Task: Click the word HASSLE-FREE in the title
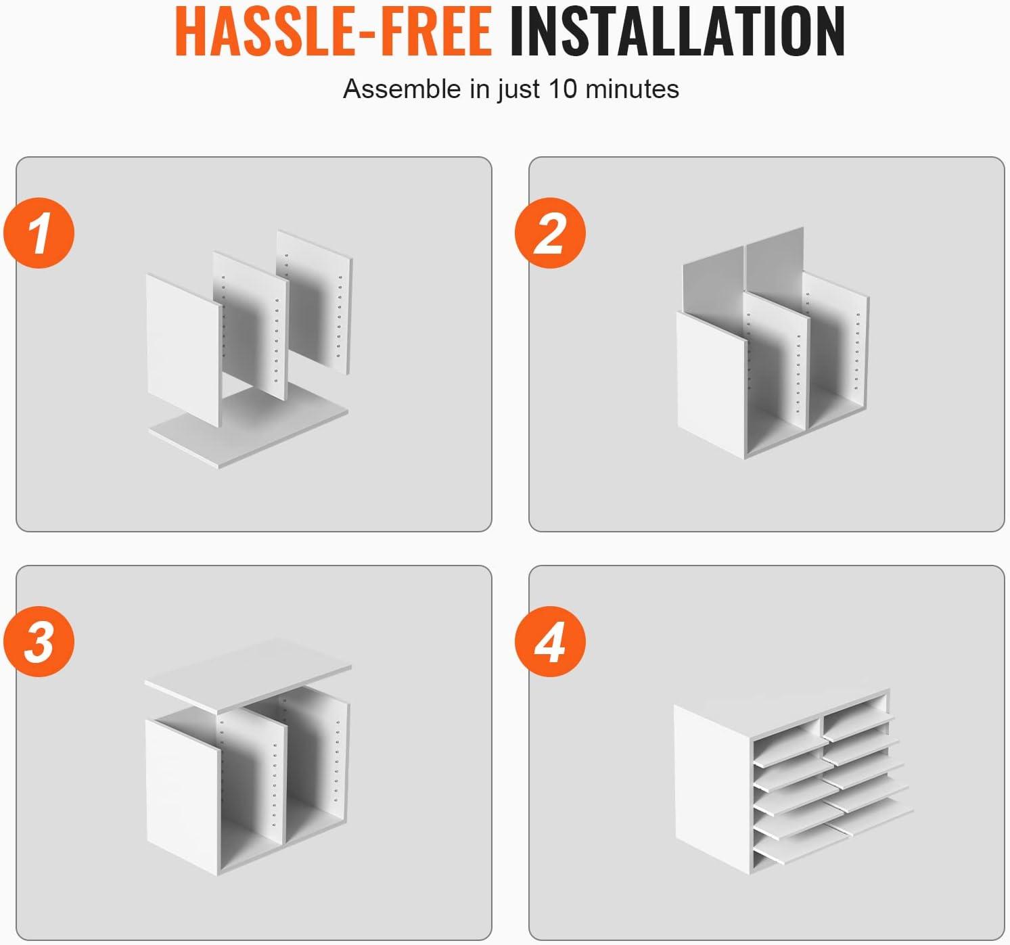pos(333,31)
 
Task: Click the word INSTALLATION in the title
pos(678,31)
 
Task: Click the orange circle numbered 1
pos(39,233)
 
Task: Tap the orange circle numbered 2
pos(550,233)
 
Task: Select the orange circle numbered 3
pos(39,641)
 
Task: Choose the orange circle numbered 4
pos(550,641)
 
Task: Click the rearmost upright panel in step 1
pos(315,300)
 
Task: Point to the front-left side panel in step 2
pos(711,384)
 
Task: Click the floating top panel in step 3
pos(248,674)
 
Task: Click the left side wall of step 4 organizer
pos(712,788)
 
